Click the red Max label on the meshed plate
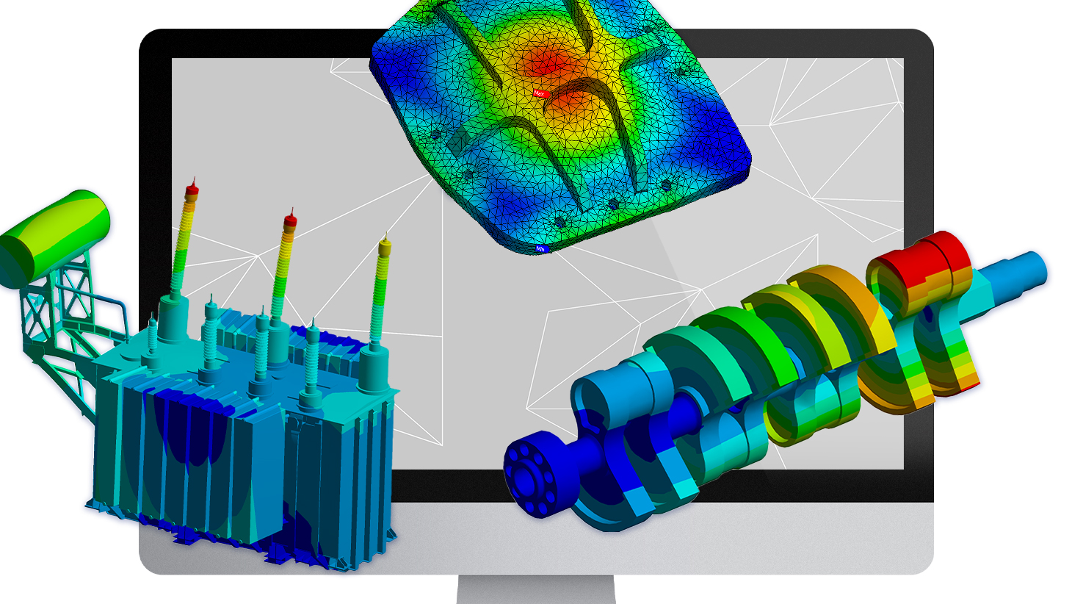tap(540, 93)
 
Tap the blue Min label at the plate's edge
tap(540, 249)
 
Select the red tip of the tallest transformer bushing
tap(192, 189)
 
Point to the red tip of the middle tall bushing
tap(290, 219)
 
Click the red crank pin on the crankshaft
tap(918, 261)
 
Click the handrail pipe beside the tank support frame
tap(117, 309)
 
